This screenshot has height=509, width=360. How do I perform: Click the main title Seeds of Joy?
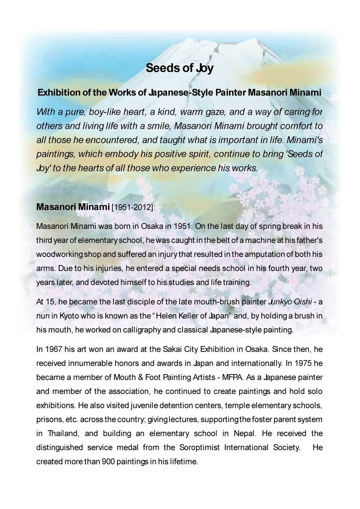[180, 68]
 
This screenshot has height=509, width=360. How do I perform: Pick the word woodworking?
[60, 254]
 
